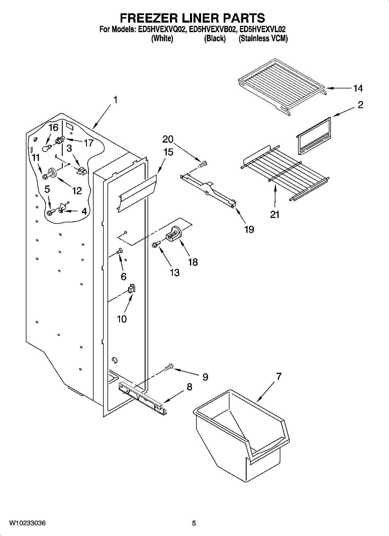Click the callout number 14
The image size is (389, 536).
[x=358, y=88]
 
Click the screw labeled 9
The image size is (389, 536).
[x=168, y=367]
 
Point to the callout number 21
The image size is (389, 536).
[x=275, y=215]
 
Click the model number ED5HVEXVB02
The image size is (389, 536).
[x=211, y=29]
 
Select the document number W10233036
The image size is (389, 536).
[x=27, y=523]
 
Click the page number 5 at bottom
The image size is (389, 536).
[x=194, y=523]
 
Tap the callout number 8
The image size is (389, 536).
[x=189, y=387]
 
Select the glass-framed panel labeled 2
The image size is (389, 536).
[x=314, y=135]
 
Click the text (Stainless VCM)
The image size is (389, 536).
[x=263, y=39]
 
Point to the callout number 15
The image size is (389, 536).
[x=168, y=152]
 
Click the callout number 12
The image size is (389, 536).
[x=77, y=190]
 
